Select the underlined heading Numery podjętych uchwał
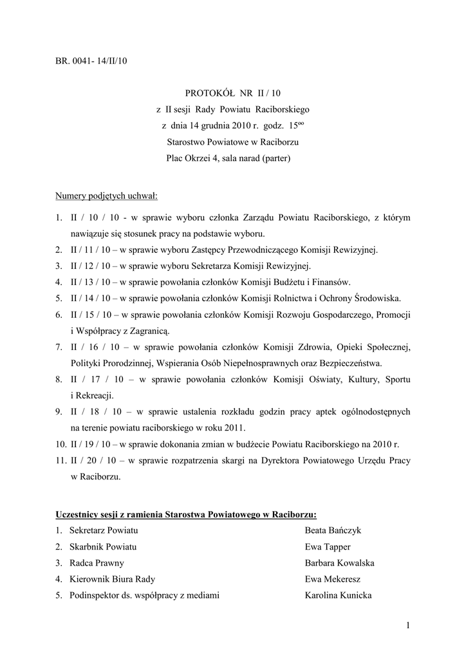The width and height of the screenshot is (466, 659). click(x=106, y=195)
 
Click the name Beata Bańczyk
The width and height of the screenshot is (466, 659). click(x=333, y=530)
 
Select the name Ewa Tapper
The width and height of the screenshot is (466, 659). click(x=328, y=546)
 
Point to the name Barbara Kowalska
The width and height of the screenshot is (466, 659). click(x=339, y=562)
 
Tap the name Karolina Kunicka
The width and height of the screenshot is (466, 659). click(x=338, y=595)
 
